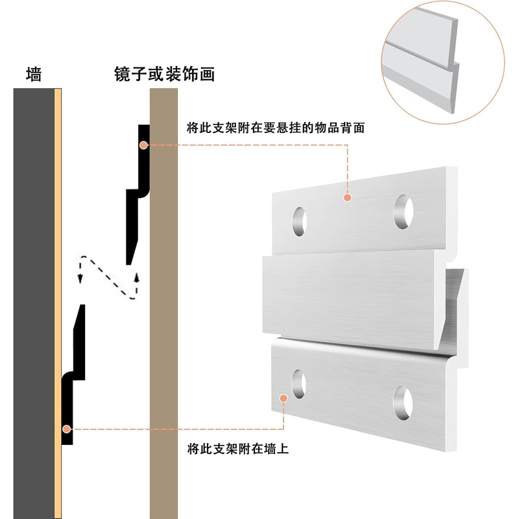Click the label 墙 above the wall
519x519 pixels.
pyautogui.click(x=34, y=74)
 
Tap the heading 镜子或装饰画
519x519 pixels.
pyautogui.click(x=163, y=74)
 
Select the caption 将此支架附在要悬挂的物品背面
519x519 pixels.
pyautogui.click(x=275, y=128)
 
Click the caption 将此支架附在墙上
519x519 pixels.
pyautogui.click(x=237, y=448)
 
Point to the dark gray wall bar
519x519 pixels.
pyautogui.click(x=33, y=298)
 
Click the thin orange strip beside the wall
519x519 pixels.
pyautogui.click(x=58, y=298)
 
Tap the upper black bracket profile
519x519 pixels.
pyautogui.click(x=139, y=195)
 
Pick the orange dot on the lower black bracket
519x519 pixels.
pyautogui.click(x=66, y=429)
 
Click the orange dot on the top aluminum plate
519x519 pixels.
pyautogui.click(x=348, y=197)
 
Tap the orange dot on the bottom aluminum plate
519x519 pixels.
pyautogui.click(x=284, y=397)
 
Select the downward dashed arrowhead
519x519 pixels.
pyautogui.click(x=80, y=278)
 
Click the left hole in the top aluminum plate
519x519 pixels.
pyautogui.click(x=300, y=221)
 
